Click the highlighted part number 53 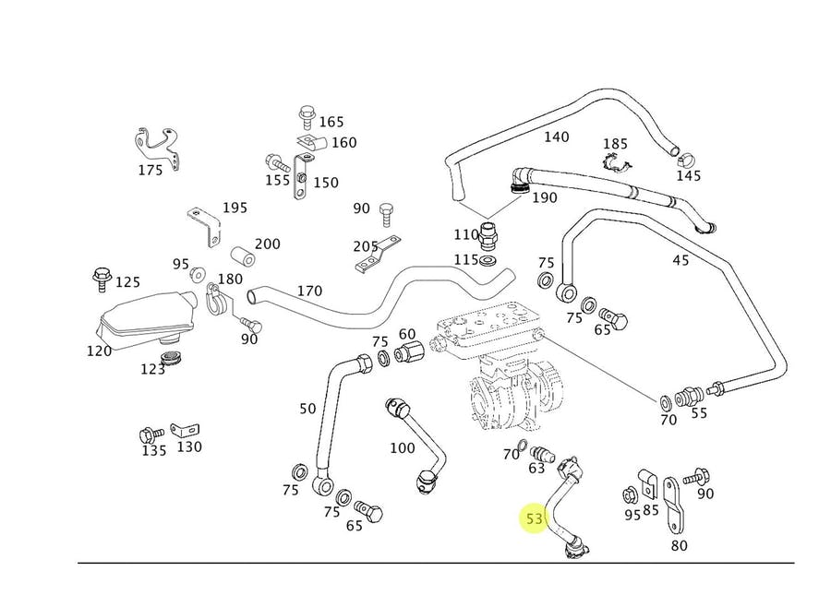[x=535, y=519]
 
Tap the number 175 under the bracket [x=151, y=170]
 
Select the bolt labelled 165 [x=306, y=116]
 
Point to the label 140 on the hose [x=556, y=137]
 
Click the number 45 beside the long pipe [x=680, y=261]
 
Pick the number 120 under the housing [x=99, y=351]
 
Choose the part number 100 [x=403, y=448]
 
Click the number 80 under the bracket [x=680, y=545]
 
